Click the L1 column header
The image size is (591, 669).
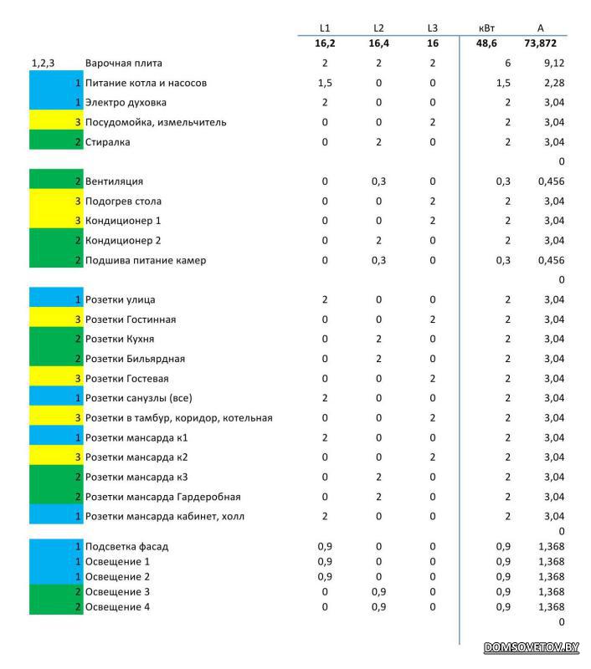coord(325,28)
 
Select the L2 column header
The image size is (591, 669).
coord(378,28)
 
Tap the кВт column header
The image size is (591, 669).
coord(486,28)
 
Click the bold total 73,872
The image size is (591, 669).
coord(540,43)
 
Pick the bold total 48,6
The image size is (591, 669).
coord(486,43)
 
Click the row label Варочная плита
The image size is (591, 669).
coord(123,64)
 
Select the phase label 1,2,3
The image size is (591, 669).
coord(43,64)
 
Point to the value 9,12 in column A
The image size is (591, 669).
coord(554,64)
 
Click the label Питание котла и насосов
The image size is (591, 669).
coord(146,83)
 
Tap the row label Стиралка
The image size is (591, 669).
coord(107,142)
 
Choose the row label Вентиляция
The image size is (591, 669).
coord(114,181)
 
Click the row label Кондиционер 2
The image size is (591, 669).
coord(123,241)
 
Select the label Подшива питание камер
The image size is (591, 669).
coord(145,260)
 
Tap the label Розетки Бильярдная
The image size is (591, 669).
coord(135,359)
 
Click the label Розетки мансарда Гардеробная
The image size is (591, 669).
coord(162,497)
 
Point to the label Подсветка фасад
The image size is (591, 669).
coord(126,547)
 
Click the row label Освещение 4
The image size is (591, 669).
coord(117,607)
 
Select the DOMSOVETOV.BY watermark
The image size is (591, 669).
coord(532,647)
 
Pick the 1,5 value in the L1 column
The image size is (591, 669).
coord(325,83)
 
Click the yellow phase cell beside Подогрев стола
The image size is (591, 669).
coord(56,201)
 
